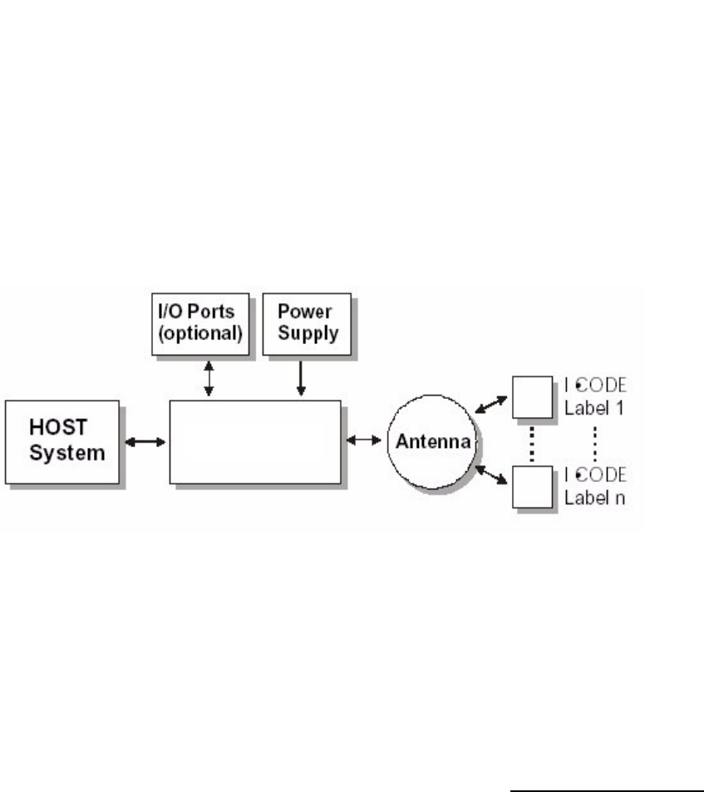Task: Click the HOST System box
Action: coord(62,441)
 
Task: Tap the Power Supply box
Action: coord(305,322)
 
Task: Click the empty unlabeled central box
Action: coord(255,441)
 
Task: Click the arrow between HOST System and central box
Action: coord(145,441)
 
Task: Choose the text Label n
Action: coord(590,499)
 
